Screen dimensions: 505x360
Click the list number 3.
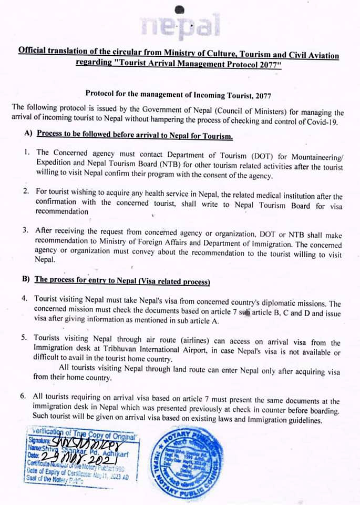pyautogui.click(x=25, y=230)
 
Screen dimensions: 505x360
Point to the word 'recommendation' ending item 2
pyautogui.click(x=62, y=211)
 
